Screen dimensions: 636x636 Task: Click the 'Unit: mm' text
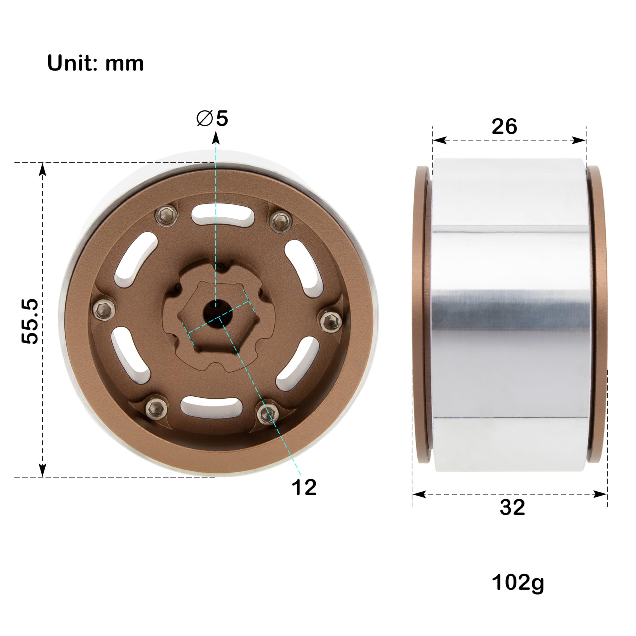point(95,63)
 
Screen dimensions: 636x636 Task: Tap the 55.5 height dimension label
point(30,321)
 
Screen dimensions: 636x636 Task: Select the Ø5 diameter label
point(212,118)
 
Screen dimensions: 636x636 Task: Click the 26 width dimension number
point(504,126)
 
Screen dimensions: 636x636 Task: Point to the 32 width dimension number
point(512,507)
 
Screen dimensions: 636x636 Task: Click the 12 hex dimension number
point(304,487)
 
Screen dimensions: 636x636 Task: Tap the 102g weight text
point(517,582)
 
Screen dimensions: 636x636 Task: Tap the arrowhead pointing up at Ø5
point(216,138)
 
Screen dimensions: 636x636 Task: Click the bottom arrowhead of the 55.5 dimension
point(42,470)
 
